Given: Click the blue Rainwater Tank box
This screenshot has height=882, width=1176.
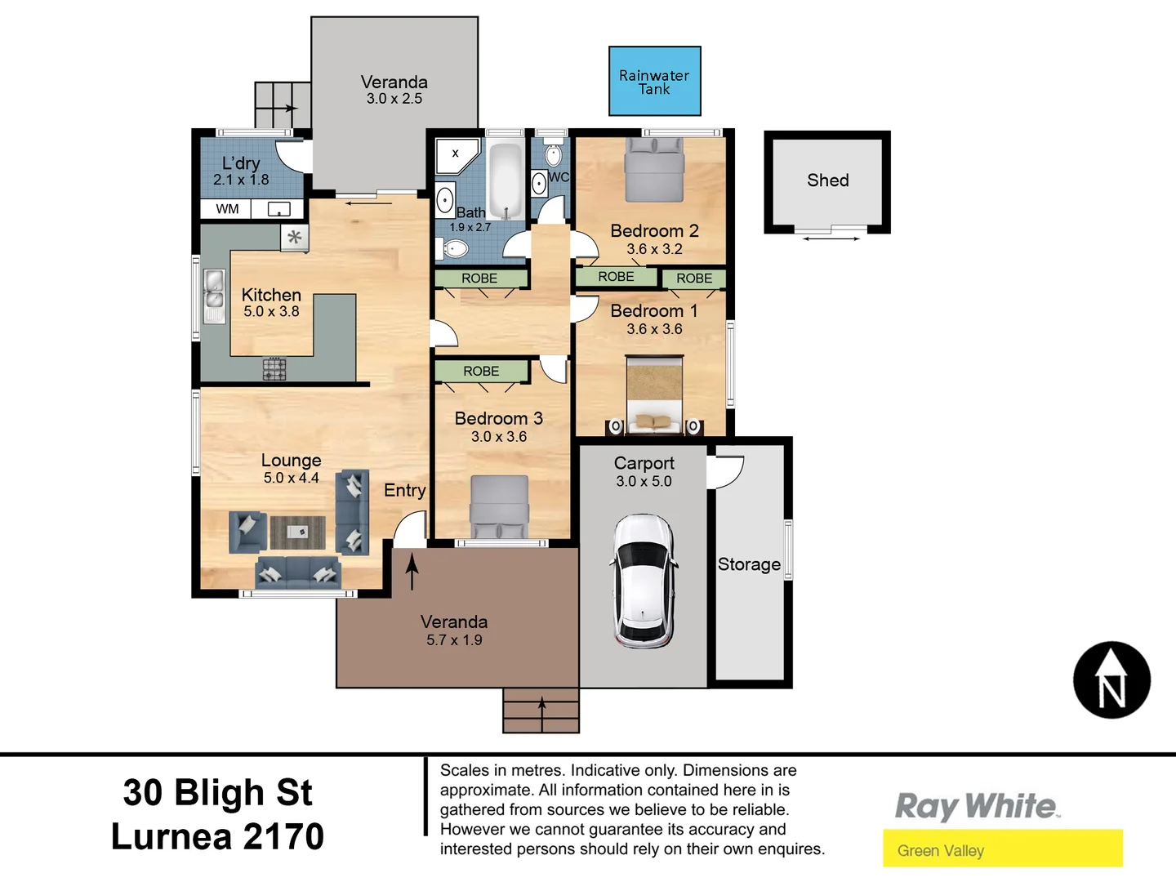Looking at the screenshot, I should [x=654, y=81].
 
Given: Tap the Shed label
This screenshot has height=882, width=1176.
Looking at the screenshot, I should [x=827, y=180].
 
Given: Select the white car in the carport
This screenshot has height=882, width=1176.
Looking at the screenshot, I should [x=644, y=581].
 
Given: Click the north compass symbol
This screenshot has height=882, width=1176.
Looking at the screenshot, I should [x=1111, y=680].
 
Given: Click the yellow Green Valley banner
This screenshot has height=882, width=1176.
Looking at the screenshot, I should [x=1002, y=849].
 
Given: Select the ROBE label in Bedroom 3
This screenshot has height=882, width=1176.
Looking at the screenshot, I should [x=481, y=371].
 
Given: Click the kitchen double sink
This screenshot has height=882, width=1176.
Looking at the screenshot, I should [x=214, y=296].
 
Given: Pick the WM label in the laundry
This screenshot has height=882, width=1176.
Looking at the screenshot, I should [x=227, y=209].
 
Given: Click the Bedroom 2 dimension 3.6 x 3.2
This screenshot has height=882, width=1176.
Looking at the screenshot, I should [x=654, y=249].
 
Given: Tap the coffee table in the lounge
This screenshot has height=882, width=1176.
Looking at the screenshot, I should [x=297, y=532].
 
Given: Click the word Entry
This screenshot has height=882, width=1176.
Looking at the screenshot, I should [x=404, y=490].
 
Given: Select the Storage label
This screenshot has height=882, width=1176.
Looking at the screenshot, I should [x=749, y=564].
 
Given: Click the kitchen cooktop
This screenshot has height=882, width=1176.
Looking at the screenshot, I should [x=274, y=369].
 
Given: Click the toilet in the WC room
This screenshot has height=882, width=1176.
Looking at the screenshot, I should [x=553, y=154].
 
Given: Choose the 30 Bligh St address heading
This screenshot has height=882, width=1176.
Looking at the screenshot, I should [x=217, y=792].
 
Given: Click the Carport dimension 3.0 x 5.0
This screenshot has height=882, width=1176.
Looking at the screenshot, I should [x=644, y=482].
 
